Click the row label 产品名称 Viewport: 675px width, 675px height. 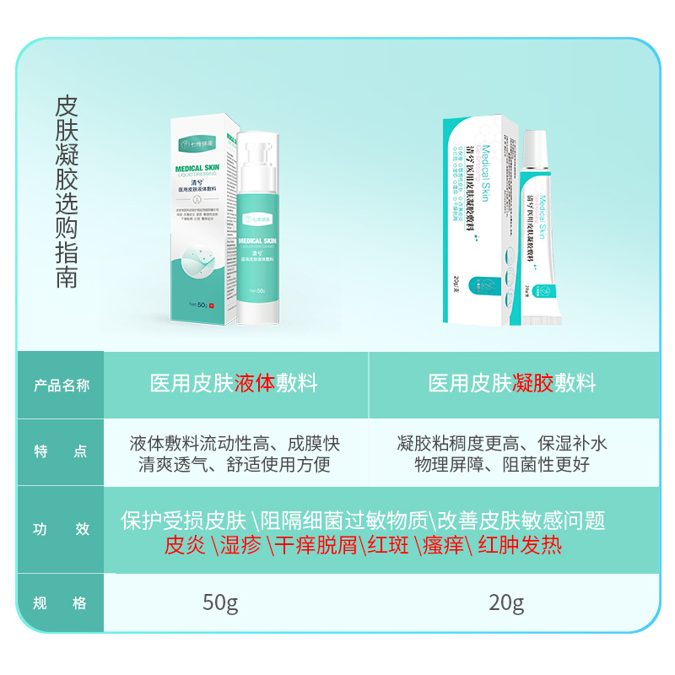point(61,385)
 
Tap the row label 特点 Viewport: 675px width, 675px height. point(61,452)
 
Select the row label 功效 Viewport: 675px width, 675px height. point(61,530)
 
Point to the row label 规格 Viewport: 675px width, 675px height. point(61,603)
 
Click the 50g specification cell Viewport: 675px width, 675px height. point(220,603)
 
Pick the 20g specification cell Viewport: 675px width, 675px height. point(506,603)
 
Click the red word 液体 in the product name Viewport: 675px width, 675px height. point(255,384)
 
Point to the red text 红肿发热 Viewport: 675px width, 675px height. point(520,545)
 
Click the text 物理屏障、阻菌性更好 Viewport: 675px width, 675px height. point(502,465)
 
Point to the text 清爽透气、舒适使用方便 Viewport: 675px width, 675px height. point(235,465)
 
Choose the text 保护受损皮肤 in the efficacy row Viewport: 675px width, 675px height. point(183,521)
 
